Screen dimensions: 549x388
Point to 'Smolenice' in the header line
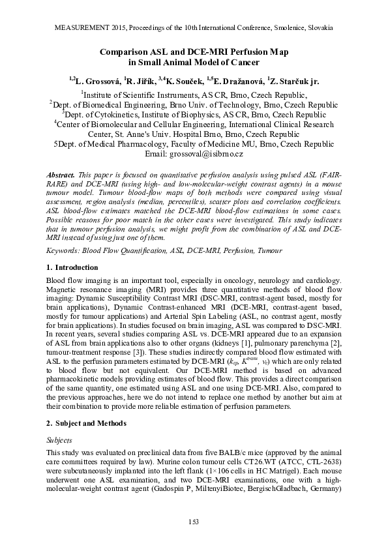[291, 29]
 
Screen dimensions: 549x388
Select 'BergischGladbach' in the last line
[278, 486]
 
